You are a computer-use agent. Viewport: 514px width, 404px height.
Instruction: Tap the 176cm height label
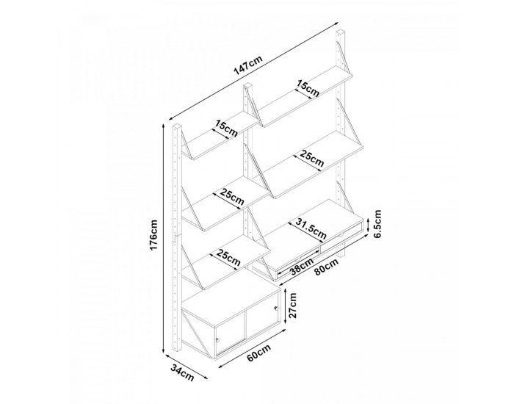pyautogui.click(x=153, y=234)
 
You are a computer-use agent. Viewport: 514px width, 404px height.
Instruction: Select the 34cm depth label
pyautogui.click(x=182, y=372)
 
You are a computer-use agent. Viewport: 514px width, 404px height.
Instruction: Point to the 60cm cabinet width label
pyautogui.click(x=259, y=353)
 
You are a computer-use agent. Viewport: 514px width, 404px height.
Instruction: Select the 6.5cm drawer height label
pyautogui.click(x=377, y=223)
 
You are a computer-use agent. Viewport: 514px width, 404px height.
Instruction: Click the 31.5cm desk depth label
pyautogui.click(x=311, y=228)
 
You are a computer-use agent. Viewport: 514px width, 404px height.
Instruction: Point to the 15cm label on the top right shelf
pyautogui.click(x=308, y=89)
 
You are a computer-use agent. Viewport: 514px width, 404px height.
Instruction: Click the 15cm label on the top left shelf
pyautogui.click(x=226, y=129)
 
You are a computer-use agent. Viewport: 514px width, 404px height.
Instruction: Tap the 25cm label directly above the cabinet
pyautogui.click(x=229, y=258)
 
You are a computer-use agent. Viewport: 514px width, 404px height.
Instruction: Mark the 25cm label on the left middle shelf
pyautogui.click(x=232, y=197)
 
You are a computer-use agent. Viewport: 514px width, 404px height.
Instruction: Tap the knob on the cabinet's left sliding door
pyautogui.click(x=217, y=340)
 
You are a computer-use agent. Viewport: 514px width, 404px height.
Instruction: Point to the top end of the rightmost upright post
pyautogui.click(x=341, y=31)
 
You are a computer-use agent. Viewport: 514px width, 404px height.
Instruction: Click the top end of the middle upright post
pyautogui.click(x=247, y=85)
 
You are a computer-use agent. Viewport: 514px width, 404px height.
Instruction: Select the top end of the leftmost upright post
pyautogui.click(x=177, y=126)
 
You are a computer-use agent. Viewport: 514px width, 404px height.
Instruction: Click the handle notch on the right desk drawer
pyautogui.click(x=341, y=235)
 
